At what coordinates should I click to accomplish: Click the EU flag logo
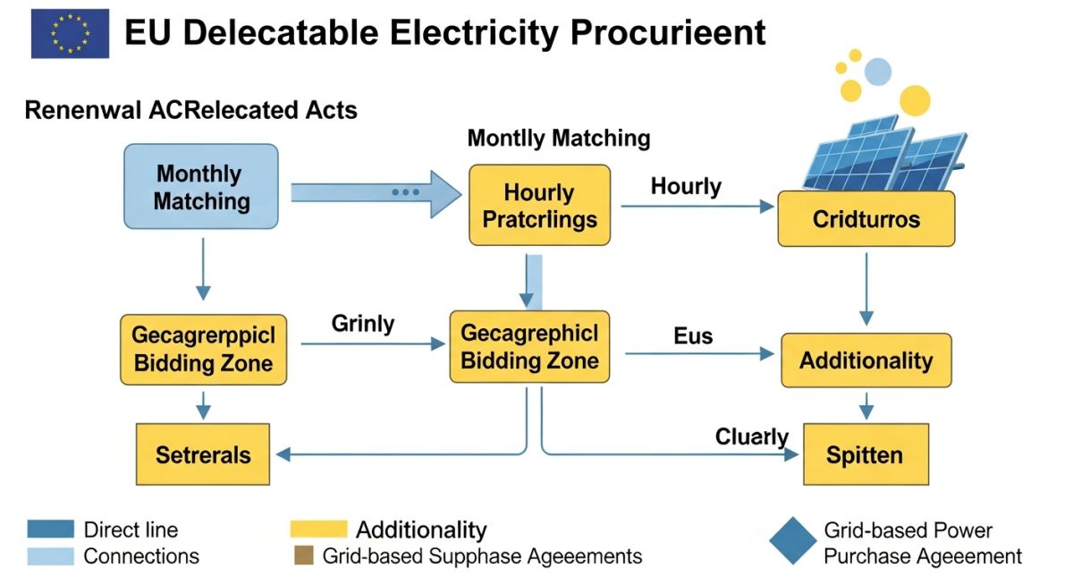tap(70, 33)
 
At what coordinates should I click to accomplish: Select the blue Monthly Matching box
tap(201, 186)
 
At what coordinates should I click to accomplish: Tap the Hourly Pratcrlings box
tap(540, 205)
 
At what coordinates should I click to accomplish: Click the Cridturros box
tap(866, 219)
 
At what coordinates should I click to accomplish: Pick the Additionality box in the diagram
tap(866, 360)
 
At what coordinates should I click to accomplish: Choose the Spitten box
tap(866, 454)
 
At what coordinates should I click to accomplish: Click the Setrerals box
tap(203, 454)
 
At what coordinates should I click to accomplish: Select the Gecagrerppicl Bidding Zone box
tap(204, 349)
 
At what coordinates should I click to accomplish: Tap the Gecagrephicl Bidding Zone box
tap(529, 346)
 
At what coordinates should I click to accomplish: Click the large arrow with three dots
tap(376, 193)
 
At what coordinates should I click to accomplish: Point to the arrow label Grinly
tap(363, 324)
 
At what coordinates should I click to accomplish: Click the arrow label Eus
tap(693, 335)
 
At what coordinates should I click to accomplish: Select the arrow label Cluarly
tap(752, 437)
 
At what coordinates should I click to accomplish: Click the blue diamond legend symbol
tap(793, 540)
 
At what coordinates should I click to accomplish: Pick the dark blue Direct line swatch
tap(51, 529)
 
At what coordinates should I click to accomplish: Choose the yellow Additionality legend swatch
tap(318, 529)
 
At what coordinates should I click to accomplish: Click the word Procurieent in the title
tap(668, 32)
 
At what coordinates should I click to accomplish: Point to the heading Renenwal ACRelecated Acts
tap(190, 110)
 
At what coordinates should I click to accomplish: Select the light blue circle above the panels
tap(878, 72)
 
